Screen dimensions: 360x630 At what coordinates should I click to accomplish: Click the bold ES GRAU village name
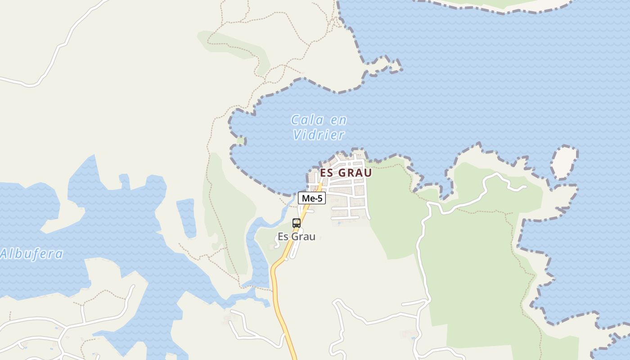point(346,173)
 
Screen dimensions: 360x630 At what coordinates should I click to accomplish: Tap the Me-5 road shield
point(311,198)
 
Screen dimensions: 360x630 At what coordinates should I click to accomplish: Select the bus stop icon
point(296,223)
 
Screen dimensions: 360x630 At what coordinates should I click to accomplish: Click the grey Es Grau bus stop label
point(296,237)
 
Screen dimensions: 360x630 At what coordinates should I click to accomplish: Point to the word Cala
point(308,120)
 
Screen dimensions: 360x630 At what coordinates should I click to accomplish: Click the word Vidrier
point(319,135)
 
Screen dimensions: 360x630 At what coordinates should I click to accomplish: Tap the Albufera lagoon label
point(31,254)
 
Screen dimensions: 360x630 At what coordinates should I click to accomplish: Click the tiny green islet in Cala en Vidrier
point(240,140)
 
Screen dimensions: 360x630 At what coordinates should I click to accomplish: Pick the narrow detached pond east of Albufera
point(186,218)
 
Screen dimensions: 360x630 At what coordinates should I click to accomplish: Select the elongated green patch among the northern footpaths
point(234,45)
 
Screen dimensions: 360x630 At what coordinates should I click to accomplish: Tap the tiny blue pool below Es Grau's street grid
point(338,222)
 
